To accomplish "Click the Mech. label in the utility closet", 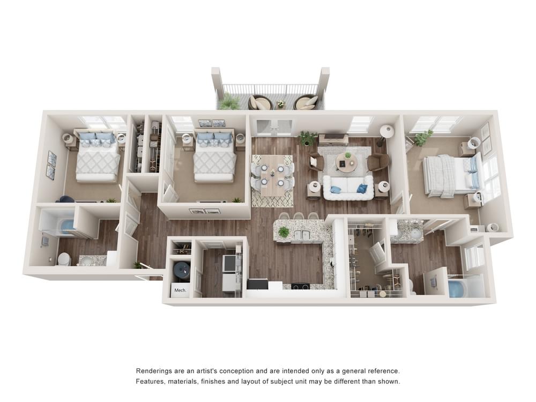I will pos(179,290).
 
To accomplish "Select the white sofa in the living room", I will pos(348,187).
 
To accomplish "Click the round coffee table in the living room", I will pos(346,162).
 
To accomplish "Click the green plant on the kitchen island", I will pos(284,232).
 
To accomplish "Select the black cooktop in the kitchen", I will pos(300,285).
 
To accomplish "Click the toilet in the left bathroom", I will pos(64,259).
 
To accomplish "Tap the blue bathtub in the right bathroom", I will pos(457,288).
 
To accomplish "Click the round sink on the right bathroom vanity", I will pos(416,233).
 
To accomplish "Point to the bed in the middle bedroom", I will pos(214,157).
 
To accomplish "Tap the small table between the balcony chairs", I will pos(280,103).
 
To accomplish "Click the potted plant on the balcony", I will pos(230,101).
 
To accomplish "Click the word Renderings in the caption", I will pos(156,371).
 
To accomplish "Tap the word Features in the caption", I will pos(152,382).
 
